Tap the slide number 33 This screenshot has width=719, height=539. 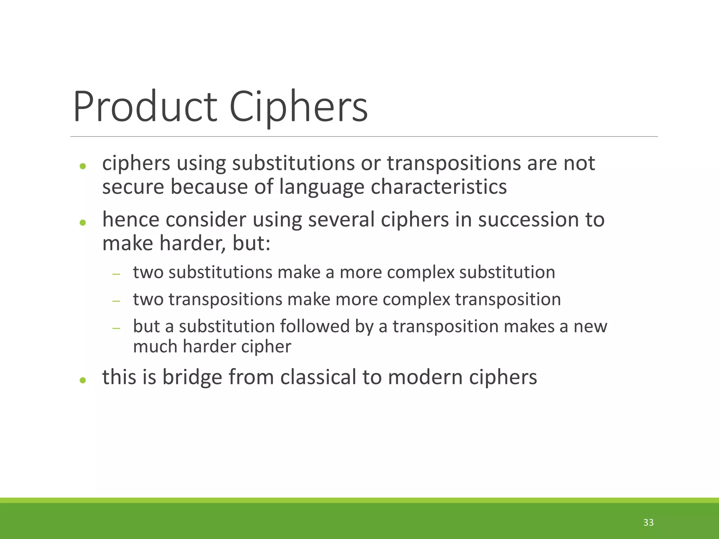click(648, 523)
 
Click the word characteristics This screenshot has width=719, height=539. click(438, 187)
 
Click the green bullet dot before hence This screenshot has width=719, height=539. click(83, 222)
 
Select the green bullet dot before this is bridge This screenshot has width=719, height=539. click(83, 380)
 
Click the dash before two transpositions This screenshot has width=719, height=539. click(116, 301)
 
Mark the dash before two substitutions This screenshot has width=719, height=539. click(116, 274)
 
